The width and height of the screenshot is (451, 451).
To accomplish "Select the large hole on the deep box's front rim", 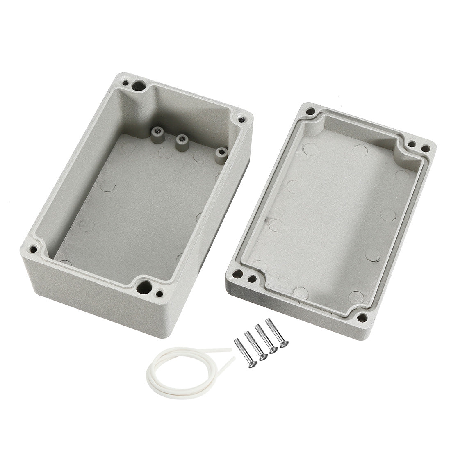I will (x=143, y=287).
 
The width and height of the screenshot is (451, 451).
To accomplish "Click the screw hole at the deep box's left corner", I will (x=34, y=249).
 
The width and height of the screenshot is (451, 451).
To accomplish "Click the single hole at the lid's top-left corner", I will (x=311, y=111).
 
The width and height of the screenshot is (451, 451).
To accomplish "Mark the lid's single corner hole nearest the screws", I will (x=362, y=317).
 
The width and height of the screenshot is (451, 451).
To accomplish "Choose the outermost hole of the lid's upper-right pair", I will (x=426, y=149).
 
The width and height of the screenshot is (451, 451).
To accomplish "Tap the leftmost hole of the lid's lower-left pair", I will (x=237, y=273).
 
